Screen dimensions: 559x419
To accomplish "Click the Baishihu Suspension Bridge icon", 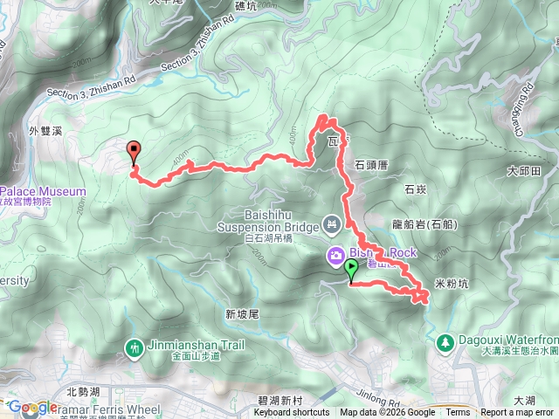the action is [331, 225].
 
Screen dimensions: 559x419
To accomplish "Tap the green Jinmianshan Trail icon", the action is [134, 347].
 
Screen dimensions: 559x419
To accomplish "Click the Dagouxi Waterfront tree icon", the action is [445, 341].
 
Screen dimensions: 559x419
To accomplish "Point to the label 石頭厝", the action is [372, 163].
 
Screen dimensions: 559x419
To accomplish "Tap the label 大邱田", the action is [525, 170].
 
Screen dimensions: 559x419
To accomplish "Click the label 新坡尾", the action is [242, 313].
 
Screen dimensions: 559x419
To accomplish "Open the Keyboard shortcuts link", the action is [292, 413].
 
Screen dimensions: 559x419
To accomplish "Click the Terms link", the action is [458, 413].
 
